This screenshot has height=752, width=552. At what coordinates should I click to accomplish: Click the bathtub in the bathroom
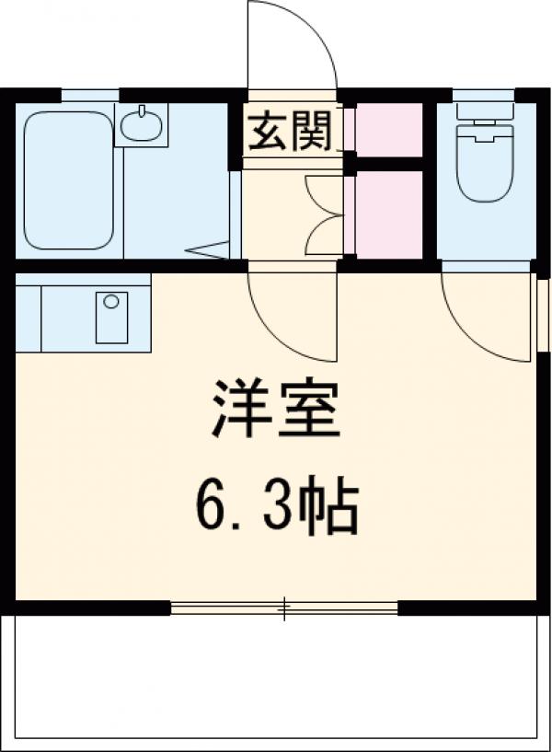(68, 179)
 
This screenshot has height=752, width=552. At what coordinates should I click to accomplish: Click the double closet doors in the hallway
(324, 214)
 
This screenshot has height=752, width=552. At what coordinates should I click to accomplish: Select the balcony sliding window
(284, 607)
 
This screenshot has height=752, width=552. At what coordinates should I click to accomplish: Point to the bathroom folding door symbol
(212, 249)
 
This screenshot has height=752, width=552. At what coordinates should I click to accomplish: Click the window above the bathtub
(89, 94)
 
